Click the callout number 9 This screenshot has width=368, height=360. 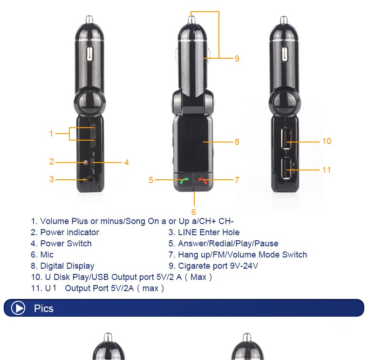[237, 58]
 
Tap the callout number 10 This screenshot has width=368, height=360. [327, 141]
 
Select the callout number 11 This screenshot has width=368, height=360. [327, 170]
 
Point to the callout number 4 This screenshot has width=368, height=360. [126, 163]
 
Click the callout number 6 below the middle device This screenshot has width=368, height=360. [194, 212]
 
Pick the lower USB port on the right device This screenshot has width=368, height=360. [286, 168]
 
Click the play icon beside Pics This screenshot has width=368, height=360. [18, 308]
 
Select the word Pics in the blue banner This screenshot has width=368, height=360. [44, 308]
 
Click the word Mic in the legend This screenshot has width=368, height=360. [47, 255]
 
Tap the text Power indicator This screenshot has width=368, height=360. [69, 232]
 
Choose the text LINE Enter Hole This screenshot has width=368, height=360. [209, 232]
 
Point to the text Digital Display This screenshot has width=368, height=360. [67, 266]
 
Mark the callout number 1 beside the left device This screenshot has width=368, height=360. [51, 134]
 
